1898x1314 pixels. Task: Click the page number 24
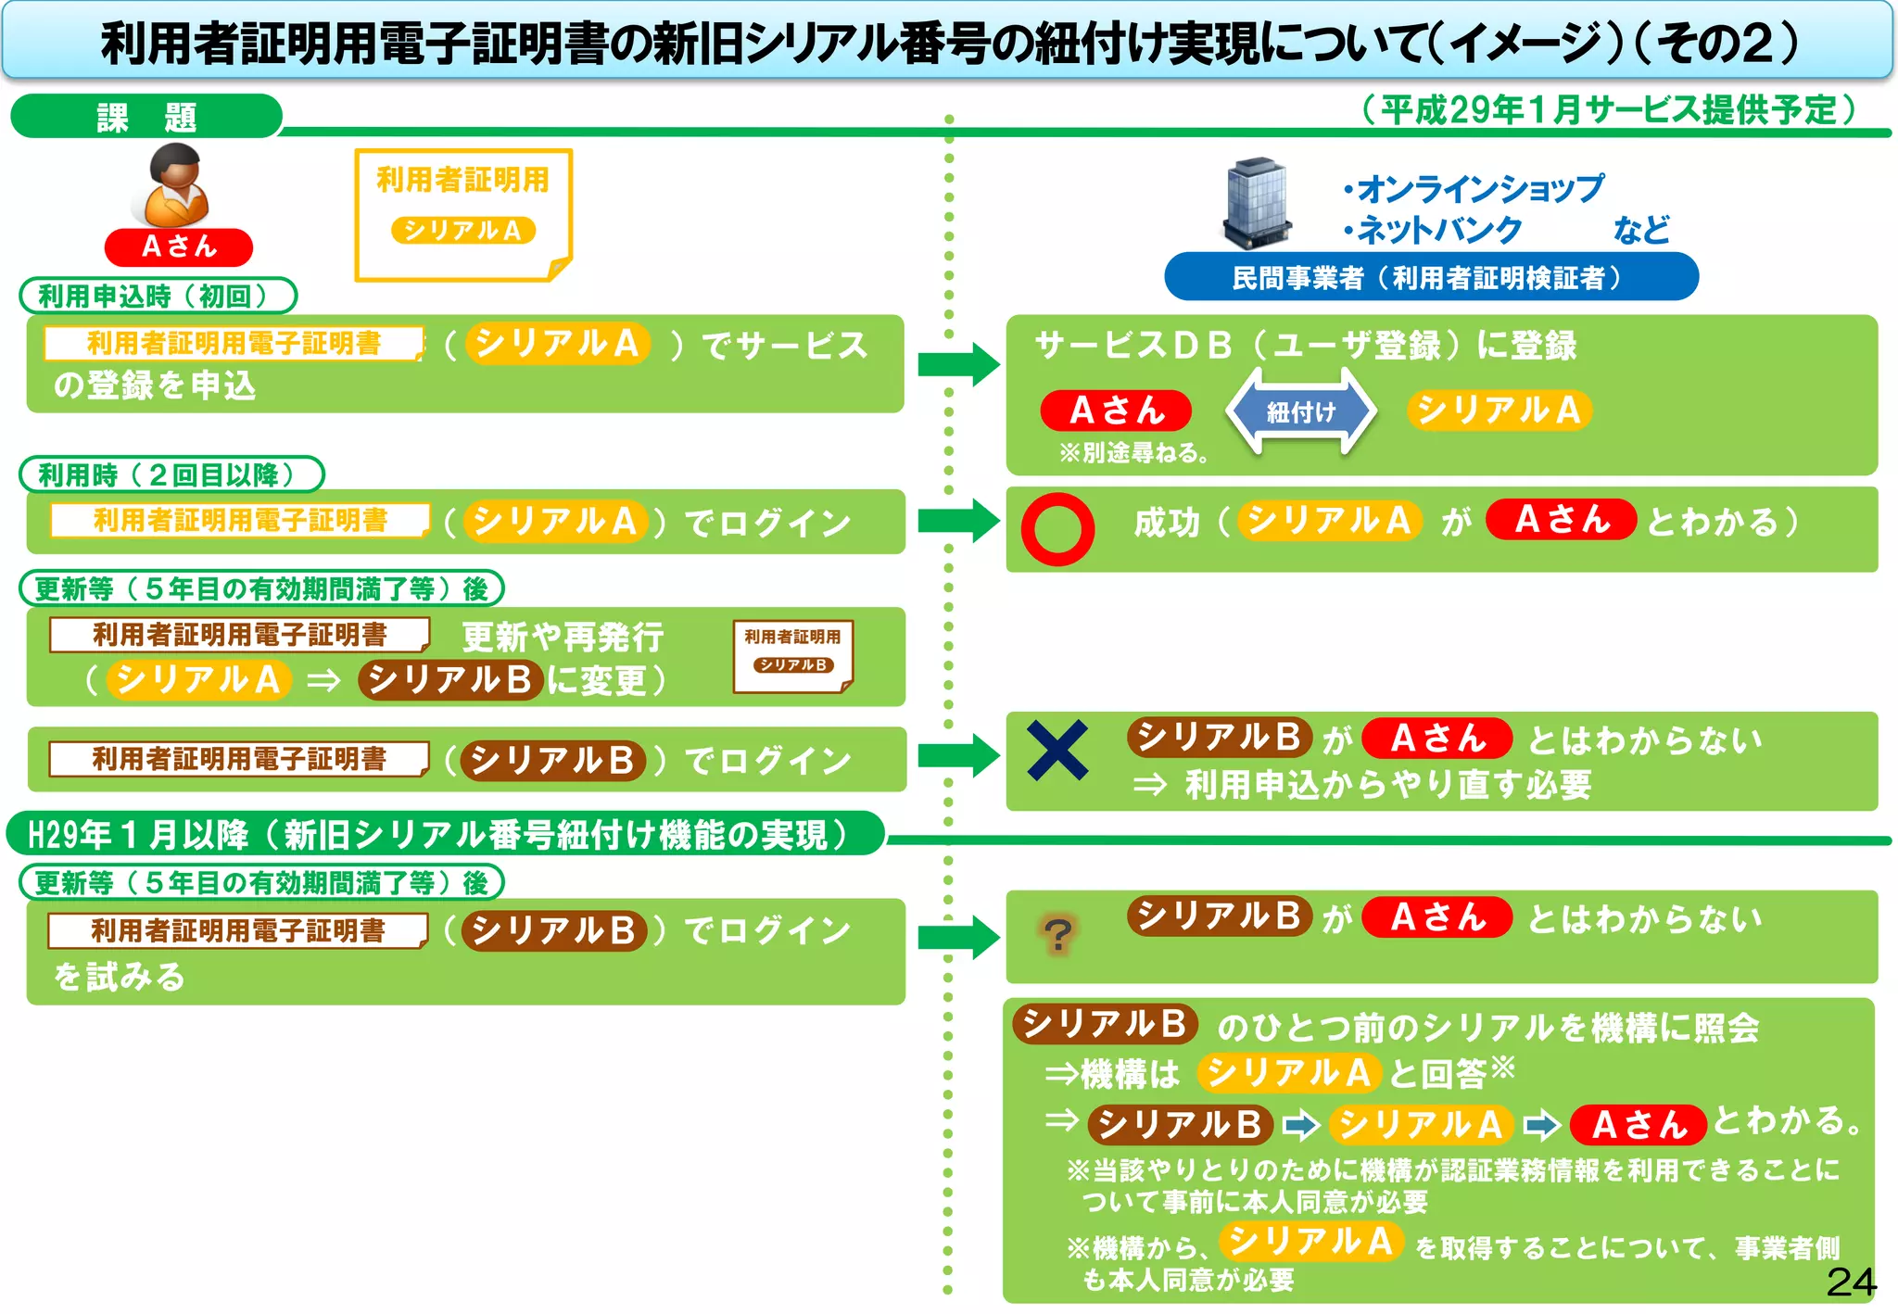[x=1851, y=1282]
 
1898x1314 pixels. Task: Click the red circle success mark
[x=1057, y=529]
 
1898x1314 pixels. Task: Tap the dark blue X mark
[x=1057, y=750]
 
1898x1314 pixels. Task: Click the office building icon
[x=1257, y=203]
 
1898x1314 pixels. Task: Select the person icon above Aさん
[x=176, y=186]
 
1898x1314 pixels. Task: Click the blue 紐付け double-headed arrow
[x=1301, y=411]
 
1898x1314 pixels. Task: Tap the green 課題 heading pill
[x=146, y=117]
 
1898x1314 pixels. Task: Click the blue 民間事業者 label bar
[x=1430, y=277]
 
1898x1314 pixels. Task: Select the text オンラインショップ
[x=1480, y=188]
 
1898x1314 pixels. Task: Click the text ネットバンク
[x=1439, y=229]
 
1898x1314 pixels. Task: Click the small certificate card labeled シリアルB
[x=792, y=656]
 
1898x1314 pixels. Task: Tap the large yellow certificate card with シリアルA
[x=463, y=214]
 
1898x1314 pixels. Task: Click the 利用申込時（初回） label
[x=158, y=296]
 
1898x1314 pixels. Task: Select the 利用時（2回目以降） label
[x=171, y=474]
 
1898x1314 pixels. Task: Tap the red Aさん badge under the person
[x=179, y=246]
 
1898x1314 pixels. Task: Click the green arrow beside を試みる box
[x=957, y=937]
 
